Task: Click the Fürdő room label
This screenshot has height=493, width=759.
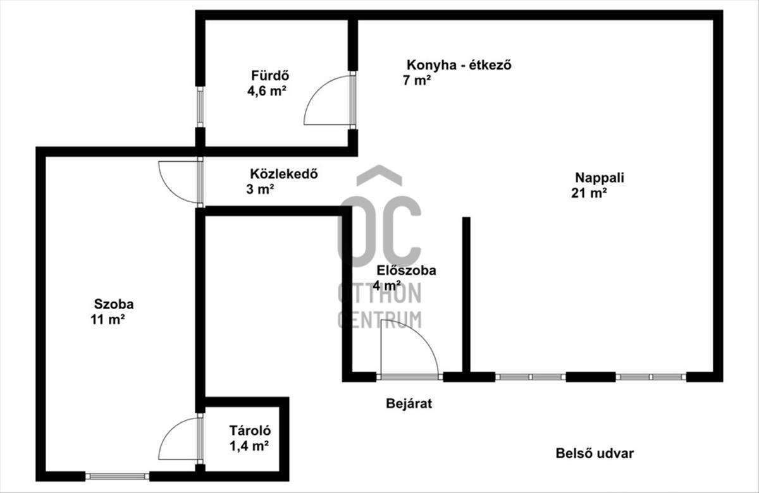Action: tap(270, 75)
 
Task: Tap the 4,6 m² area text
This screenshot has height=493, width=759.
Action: tap(267, 91)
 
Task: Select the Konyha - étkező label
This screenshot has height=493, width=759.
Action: tap(459, 64)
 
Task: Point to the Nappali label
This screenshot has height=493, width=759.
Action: tap(600, 178)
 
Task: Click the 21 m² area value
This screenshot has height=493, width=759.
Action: tap(589, 193)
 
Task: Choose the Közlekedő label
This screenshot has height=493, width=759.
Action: tap(284, 174)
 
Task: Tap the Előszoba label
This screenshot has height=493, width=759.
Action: tap(407, 271)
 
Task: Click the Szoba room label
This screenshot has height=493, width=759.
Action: tap(114, 304)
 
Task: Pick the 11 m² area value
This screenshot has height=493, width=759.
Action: tap(108, 320)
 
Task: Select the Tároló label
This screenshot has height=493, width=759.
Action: tap(250, 430)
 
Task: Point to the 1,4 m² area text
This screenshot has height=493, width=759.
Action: tap(249, 446)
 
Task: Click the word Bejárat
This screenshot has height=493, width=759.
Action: tap(409, 404)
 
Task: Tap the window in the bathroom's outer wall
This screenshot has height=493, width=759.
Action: tap(201, 107)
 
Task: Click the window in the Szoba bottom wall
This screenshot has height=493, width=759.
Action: tap(117, 477)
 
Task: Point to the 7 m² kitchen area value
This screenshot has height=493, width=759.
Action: tap(417, 80)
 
